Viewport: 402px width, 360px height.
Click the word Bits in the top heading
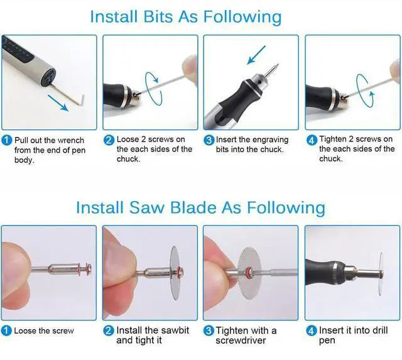point(158,17)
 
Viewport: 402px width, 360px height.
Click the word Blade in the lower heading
point(193,207)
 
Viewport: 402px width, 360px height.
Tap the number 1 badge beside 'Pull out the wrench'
point(7,140)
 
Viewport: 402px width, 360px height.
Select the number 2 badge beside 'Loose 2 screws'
point(109,140)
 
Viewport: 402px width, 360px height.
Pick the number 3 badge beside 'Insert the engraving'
point(209,140)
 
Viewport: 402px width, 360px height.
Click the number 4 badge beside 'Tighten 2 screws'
point(312,140)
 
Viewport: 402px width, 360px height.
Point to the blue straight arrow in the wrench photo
point(58,103)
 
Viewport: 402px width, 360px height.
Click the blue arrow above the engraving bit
point(256,55)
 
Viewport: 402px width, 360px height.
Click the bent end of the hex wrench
point(82,101)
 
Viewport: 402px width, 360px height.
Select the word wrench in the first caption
point(71,140)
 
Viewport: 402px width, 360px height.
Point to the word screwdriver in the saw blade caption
point(241,341)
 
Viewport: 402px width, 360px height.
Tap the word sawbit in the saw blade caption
point(174,330)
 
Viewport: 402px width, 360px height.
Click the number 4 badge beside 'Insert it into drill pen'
point(312,330)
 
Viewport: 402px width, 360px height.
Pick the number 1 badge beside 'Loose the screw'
point(6,330)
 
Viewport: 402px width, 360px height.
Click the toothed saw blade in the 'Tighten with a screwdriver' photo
point(249,273)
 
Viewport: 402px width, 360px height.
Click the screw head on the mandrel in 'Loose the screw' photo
point(89,270)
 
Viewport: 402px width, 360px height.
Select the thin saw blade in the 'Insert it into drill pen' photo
point(381,274)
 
